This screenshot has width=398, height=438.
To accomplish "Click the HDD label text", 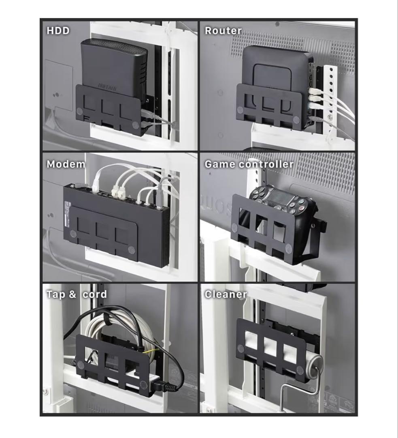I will (58, 30).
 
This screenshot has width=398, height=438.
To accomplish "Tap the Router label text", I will (223, 30).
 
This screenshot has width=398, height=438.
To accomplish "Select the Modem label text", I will (66, 164).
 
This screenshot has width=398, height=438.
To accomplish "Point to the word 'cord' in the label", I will (95, 294).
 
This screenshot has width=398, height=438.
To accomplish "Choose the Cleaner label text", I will (226, 294).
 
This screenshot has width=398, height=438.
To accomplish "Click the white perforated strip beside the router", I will (331, 97).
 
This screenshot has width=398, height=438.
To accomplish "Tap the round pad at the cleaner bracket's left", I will (241, 348).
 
